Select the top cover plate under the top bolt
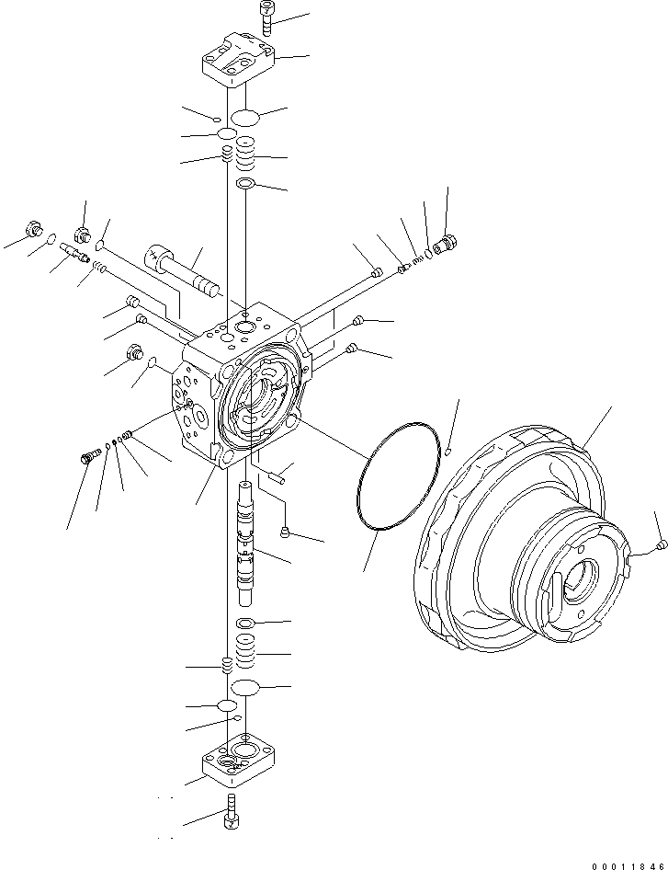[x=238, y=63]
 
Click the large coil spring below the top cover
[x=245, y=155]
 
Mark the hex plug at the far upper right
[x=447, y=245]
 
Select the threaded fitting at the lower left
[x=90, y=454]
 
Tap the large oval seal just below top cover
[x=245, y=118]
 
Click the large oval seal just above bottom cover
[x=245, y=688]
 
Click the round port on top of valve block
[x=244, y=326]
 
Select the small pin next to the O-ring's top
[x=447, y=451]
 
